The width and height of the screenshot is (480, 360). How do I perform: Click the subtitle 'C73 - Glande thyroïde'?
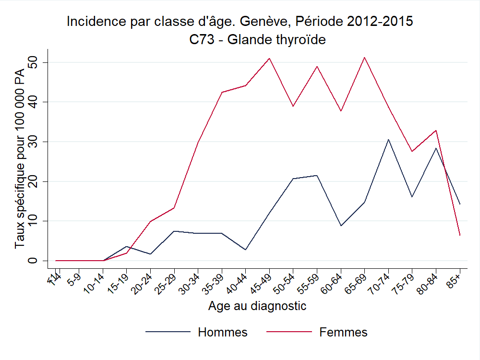[258, 39]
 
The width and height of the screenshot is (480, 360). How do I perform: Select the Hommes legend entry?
[223, 332]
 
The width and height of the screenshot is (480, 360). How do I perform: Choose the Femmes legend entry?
[343, 332]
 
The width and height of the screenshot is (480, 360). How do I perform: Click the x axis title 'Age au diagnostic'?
[257, 306]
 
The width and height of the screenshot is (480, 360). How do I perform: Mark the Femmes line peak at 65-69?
[365, 58]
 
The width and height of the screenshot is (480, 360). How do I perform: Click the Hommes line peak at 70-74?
[388, 139]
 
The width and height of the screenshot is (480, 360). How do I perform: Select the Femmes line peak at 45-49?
[269, 59]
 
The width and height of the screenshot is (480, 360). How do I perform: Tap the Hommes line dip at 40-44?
[246, 250]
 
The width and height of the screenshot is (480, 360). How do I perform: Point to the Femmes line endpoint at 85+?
[460, 235]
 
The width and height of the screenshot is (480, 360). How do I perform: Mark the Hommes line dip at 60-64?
[341, 226]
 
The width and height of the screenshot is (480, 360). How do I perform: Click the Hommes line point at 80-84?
[436, 148]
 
